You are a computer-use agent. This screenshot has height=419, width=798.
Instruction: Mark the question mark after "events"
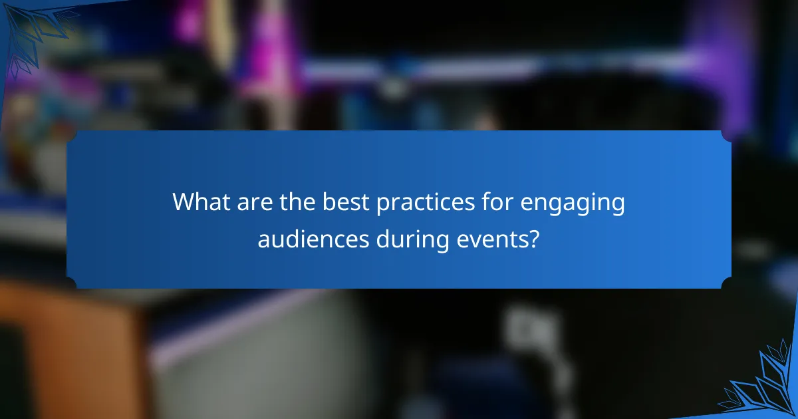[533, 239]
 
